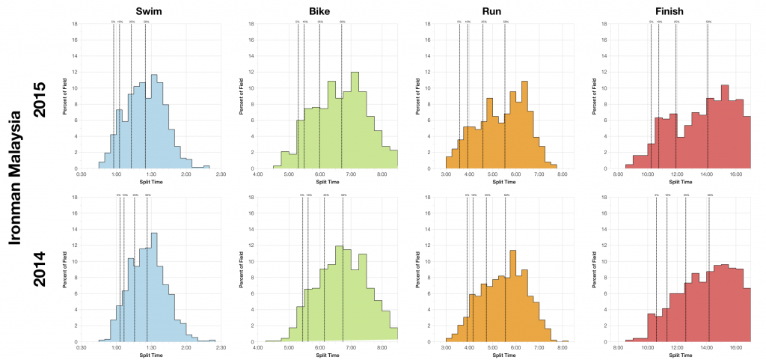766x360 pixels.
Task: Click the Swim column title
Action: point(150,11)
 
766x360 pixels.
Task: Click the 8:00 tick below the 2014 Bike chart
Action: point(382,347)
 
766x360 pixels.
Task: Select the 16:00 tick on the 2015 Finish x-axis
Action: point(735,174)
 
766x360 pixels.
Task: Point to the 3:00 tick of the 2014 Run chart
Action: point(447,347)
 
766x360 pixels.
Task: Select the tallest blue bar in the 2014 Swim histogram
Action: point(154,288)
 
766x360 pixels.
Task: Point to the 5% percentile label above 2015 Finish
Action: point(651,22)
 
